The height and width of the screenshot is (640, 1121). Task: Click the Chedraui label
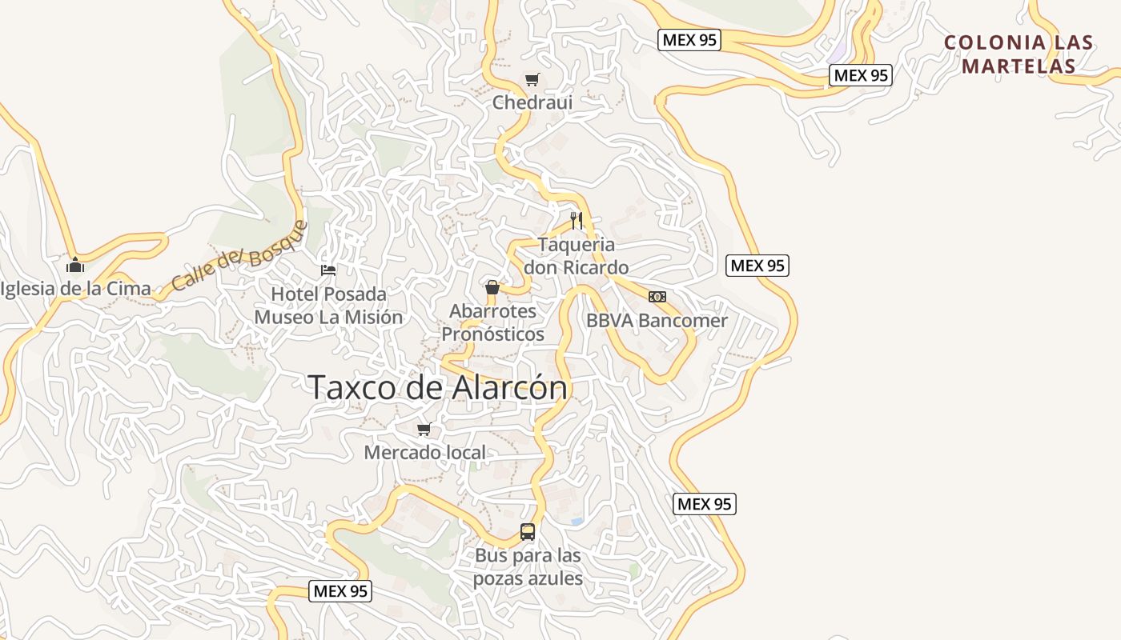coord(532,102)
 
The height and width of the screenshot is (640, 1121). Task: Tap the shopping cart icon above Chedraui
coord(532,79)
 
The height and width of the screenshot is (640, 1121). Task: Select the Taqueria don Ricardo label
coord(576,255)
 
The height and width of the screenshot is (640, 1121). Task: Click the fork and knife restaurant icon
coord(576,220)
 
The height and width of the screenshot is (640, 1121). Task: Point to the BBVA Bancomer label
coord(657,321)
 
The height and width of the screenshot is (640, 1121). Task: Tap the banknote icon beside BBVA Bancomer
coord(657,297)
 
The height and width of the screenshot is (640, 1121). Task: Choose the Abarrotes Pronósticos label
coord(492,322)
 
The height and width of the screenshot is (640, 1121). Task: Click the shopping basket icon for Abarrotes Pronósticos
coord(492,288)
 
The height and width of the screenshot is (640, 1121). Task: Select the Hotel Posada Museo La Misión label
coord(328,306)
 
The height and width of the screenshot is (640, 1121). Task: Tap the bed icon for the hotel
coord(328,270)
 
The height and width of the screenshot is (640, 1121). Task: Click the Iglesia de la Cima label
coord(76,289)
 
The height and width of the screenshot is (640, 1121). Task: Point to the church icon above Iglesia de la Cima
coord(75,265)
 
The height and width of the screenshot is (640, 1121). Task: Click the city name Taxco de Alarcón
coord(437,387)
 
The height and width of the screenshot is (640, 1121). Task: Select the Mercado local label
coord(424,453)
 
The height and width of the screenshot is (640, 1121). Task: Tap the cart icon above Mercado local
coord(424,430)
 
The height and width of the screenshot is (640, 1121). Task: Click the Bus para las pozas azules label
coord(528,566)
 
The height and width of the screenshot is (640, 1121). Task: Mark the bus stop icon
coord(528,532)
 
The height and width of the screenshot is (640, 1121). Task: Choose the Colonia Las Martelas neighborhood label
coord(1019,54)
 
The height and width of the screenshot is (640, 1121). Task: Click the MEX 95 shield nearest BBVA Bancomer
coord(757,266)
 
